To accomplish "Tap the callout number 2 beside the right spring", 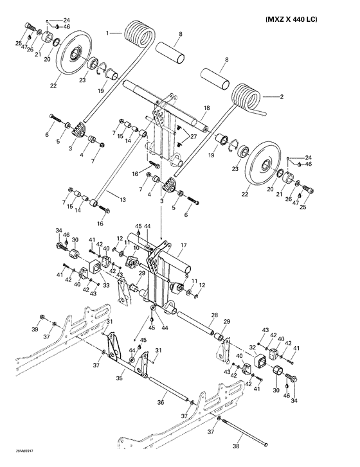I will [x=281, y=97].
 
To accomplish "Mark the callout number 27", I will [x=192, y=137].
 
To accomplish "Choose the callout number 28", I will [x=214, y=314].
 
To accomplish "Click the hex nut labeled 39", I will [x=42, y=319].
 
